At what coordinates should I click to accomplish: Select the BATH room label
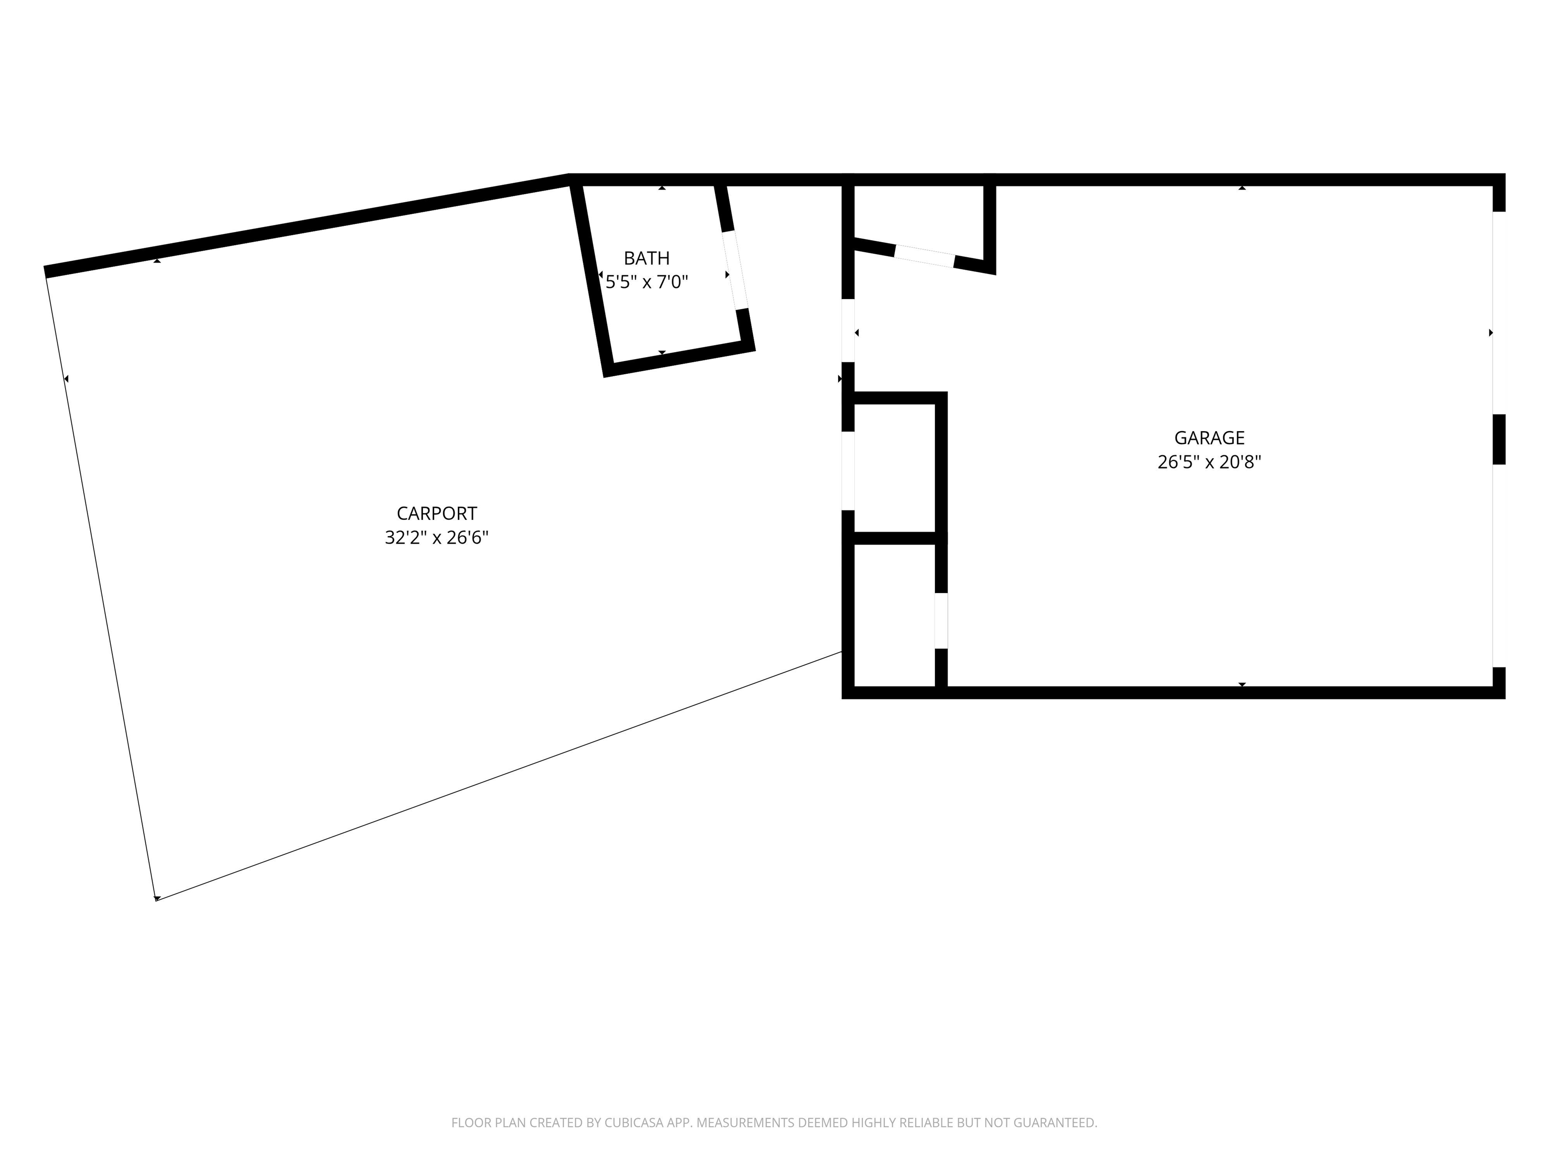tap(646, 258)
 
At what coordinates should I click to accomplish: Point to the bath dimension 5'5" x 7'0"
tap(646, 282)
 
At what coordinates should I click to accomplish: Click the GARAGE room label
tap(1209, 438)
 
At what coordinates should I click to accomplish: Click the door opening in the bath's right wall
tap(735, 270)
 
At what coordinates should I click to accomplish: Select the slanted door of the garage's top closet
tap(924, 256)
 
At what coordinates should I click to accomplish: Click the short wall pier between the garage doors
tap(1499, 439)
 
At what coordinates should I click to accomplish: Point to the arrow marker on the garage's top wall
tap(1242, 188)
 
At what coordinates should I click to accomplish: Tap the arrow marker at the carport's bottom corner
tap(157, 898)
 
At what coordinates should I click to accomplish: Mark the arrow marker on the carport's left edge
tap(67, 379)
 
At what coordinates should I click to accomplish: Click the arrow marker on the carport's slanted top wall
tap(157, 261)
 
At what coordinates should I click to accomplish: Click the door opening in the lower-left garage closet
tap(942, 620)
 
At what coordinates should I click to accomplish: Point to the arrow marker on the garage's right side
tap(1491, 333)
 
